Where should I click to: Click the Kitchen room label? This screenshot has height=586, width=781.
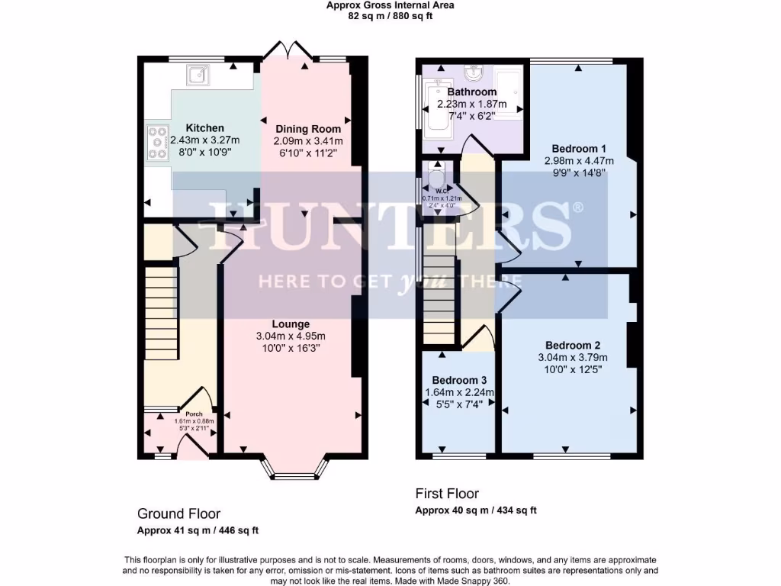click(x=204, y=128)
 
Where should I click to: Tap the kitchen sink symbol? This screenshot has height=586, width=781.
click(x=198, y=74)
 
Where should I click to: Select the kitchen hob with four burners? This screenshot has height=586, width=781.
click(x=158, y=142)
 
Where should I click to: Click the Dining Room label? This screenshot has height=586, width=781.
click(x=308, y=129)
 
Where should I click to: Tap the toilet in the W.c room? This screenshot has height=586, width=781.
click(x=437, y=180)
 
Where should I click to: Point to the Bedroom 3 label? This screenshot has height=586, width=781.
click(x=459, y=381)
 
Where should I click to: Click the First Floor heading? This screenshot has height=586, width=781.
click(x=447, y=494)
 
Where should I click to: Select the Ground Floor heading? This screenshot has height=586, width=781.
click(x=178, y=514)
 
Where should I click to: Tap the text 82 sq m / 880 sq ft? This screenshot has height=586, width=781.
click(x=390, y=15)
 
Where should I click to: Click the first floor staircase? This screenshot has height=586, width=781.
click(x=440, y=301)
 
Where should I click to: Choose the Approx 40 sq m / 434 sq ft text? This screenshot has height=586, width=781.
click(x=475, y=510)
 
